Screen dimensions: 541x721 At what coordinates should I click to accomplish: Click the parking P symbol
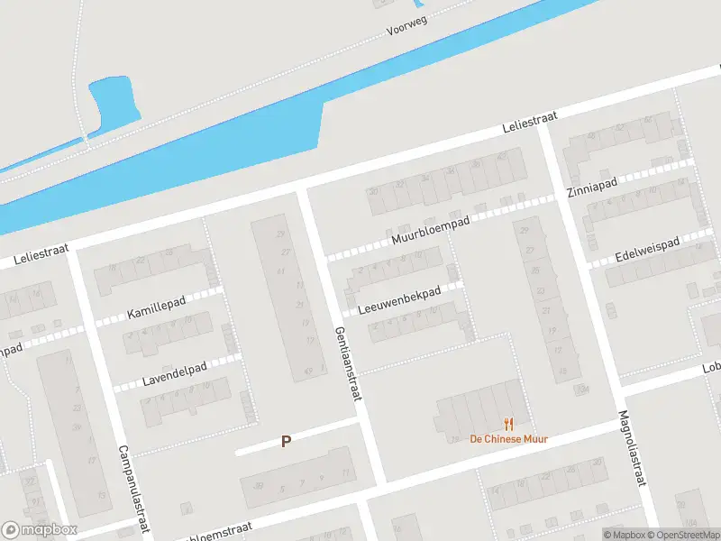tap(287, 442)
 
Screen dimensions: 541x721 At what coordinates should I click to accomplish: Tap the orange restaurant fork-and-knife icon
tap(509, 423)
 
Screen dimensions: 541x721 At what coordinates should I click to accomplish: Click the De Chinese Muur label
tap(509, 439)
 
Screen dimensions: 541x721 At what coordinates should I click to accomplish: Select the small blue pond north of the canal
tap(113, 101)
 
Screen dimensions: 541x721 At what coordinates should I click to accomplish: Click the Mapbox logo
tap(40, 530)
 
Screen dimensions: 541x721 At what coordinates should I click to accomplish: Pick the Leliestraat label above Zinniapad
tap(530, 124)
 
